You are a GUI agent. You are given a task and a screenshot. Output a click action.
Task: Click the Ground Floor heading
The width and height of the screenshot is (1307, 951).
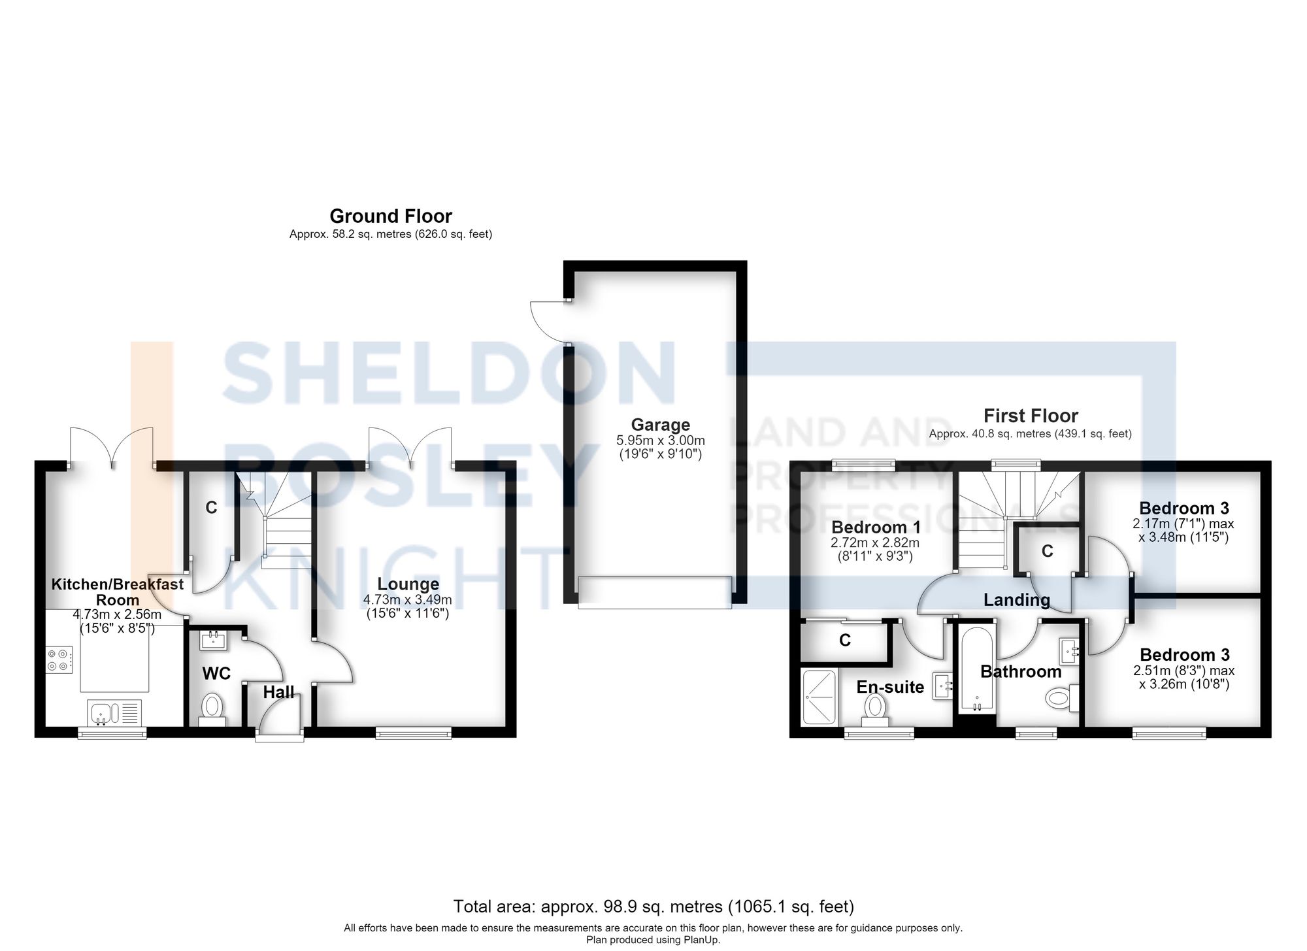[x=391, y=216]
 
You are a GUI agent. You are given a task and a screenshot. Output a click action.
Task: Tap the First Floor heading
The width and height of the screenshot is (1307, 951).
[x=1031, y=416]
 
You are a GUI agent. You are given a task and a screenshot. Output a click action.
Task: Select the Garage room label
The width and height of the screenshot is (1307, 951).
[x=660, y=425]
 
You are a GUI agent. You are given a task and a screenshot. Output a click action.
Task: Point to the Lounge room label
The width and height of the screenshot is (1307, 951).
[x=408, y=584]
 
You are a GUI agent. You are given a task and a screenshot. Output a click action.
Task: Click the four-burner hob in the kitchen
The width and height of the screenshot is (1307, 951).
[x=58, y=659]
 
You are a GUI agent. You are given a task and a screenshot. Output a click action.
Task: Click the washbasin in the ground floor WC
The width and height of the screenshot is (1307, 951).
[x=213, y=640]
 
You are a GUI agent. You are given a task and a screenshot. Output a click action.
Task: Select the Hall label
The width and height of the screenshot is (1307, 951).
[x=278, y=692]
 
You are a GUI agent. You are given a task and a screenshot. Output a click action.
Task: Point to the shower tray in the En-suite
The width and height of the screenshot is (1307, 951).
[x=819, y=697]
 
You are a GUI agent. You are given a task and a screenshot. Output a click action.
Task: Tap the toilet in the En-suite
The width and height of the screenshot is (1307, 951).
[x=874, y=710]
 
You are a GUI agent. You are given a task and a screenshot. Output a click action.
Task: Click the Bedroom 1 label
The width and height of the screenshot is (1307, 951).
[x=876, y=527]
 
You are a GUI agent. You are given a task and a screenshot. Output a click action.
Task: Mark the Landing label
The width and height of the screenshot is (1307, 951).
[x=1017, y=599]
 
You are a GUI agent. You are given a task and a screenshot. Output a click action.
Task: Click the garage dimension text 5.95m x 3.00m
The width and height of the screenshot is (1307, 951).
[x=661, y=441]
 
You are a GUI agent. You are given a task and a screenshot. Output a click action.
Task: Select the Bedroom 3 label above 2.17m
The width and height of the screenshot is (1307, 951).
[x=1184, y=508]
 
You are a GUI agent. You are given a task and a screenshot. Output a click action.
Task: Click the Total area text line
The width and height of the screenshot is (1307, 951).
[x=653, y=907]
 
